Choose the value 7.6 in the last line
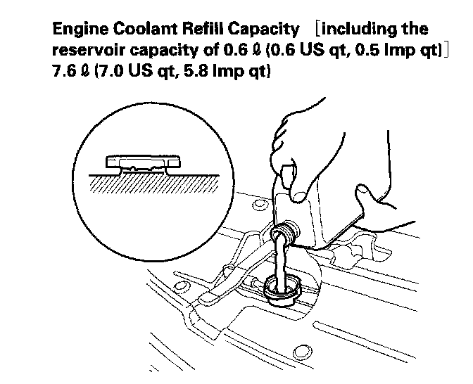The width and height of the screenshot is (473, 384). (65, 72)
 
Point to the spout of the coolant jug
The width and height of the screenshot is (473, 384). (283, 232)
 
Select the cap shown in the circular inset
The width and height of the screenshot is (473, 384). (139, 163)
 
